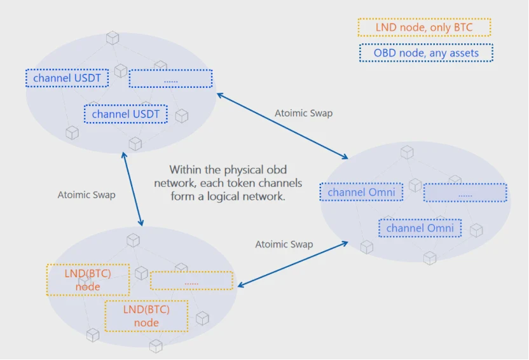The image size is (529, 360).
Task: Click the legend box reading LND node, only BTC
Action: pyautogui.click(x=424, y=27)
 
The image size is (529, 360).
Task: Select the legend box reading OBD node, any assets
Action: pyautogui.click(x=425, y=53)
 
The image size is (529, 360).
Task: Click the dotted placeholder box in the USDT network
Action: pyautogui.click(x=170, y=79)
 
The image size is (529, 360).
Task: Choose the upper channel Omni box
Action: pyautogui.click(x=361, y=192)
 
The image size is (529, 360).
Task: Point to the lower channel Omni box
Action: pyautogui.click(x=420, y=228)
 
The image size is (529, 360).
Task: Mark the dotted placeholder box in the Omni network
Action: pyautogui.click(x=465, y=193)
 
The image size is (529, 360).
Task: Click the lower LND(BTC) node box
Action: pyautogui.click(x=146, y=316)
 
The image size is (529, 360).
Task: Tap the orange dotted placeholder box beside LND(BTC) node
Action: pyautogui.click(x=191, y=280)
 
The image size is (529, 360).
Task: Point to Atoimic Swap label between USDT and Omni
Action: pyautogui.click(x=303, y=113)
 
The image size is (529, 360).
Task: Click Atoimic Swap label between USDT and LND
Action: pyautogui.click(x=86, y=195)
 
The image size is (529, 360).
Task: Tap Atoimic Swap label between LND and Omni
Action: pyautogui.click(x=284, y=244)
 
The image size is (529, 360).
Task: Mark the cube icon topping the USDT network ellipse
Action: pyautogui.click(x=113, y=38)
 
